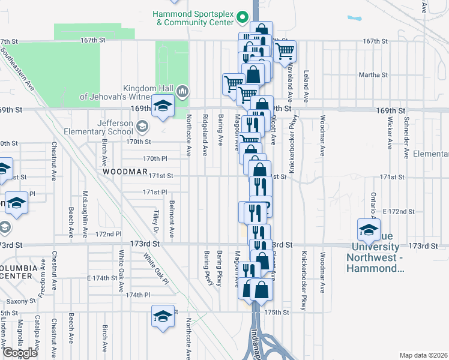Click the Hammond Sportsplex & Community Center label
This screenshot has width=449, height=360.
(192, 17)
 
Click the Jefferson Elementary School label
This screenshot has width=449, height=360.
(107, 127)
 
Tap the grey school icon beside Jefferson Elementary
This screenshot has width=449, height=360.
(142, 127)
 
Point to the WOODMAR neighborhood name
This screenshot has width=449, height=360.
(125, 172)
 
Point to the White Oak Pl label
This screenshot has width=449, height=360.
(155, 268)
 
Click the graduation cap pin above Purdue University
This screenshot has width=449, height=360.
(369, 229)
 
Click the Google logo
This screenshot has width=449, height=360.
(20, 353)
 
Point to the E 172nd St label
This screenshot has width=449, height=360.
(399, 212)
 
